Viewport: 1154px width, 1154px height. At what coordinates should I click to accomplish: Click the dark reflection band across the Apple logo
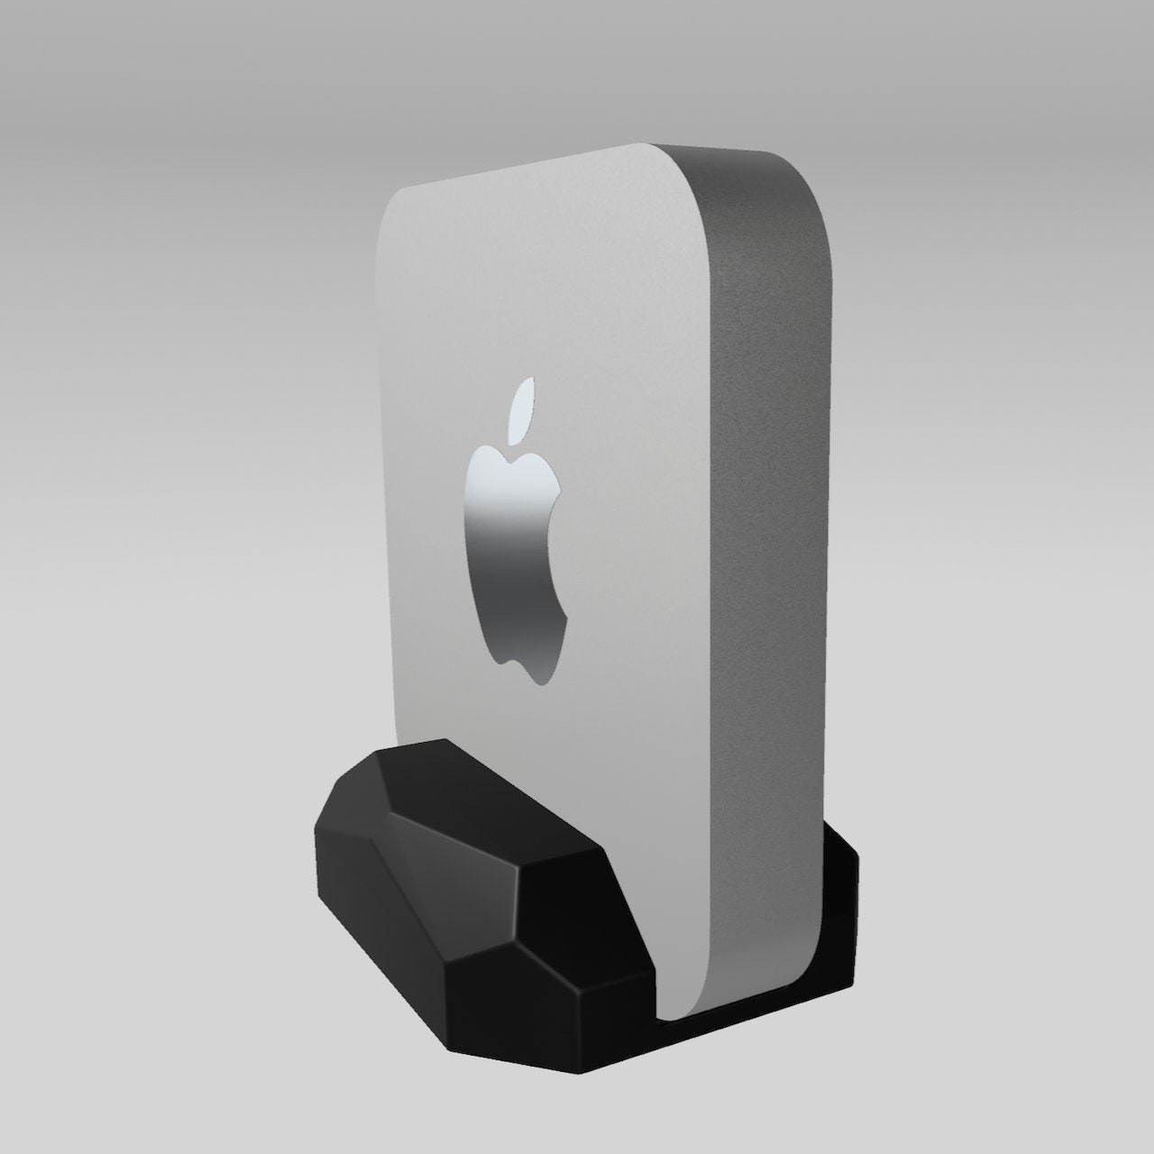514,541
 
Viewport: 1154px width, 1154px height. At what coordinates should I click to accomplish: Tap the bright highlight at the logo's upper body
505,473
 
